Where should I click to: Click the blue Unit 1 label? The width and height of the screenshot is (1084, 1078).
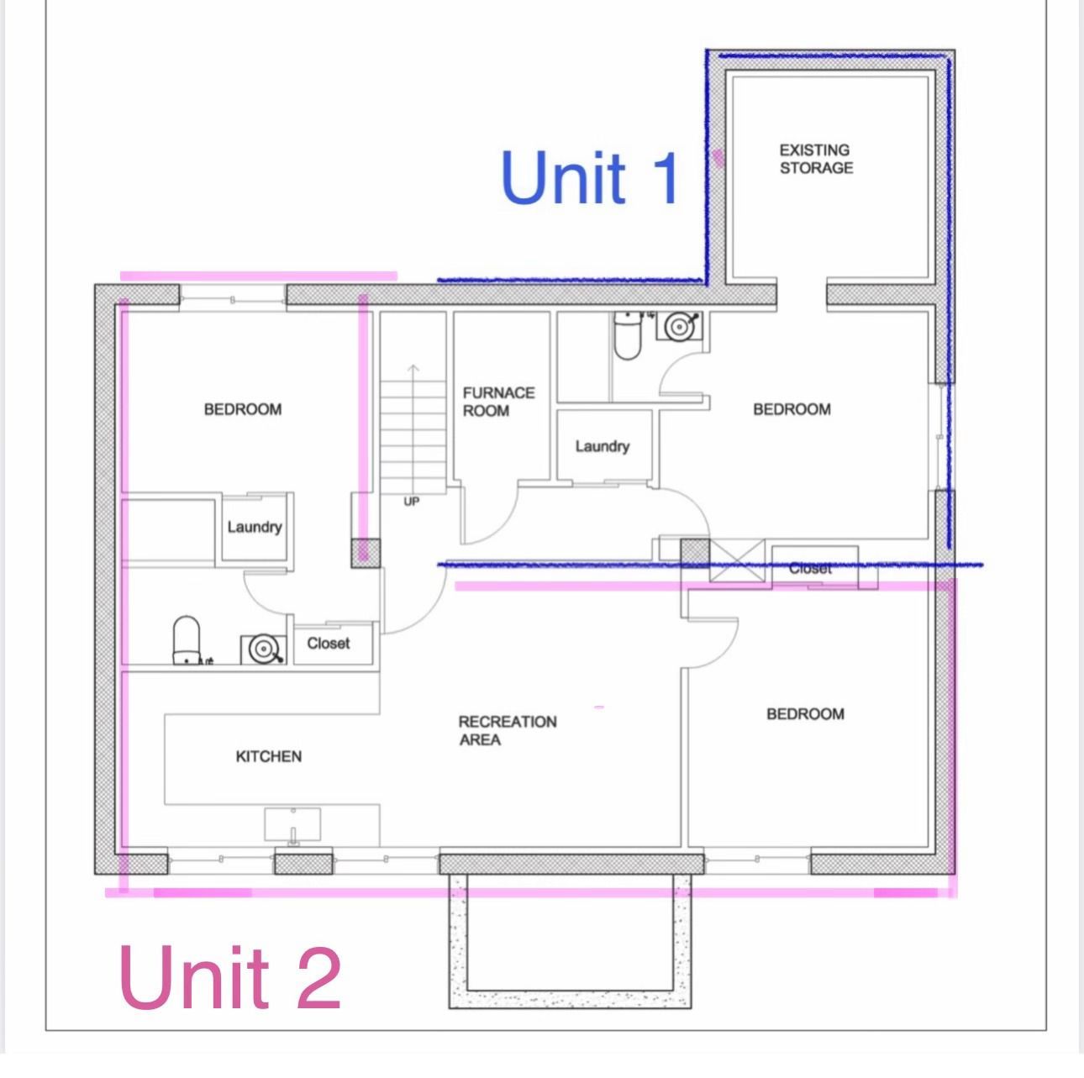pos(590,178)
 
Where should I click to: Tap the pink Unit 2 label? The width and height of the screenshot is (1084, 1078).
pos(230,978)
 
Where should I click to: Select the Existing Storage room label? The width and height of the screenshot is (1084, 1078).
pos(816,160)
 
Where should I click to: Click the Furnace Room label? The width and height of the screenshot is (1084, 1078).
pos(498,402)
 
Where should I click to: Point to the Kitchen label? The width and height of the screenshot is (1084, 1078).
pos(268,757)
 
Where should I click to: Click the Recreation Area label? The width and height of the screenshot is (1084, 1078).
pos(508,731)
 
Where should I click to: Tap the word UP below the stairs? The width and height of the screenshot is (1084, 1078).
pos(411,502)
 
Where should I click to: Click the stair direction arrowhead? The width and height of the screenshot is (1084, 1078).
pos(413,369)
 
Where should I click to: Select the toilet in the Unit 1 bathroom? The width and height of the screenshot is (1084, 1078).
pos(627,335)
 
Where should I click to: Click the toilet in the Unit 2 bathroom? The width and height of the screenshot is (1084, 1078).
pos(187,639)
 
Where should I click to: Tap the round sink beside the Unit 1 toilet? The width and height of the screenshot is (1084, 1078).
pos(680,326)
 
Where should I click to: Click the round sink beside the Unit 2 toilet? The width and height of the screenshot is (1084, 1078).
pos(263,649)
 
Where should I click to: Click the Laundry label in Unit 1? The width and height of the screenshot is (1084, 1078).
pos(602,447)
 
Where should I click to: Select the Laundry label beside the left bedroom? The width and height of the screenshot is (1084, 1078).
pos(255,527)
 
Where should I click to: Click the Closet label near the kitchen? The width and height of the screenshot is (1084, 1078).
pos(329,643)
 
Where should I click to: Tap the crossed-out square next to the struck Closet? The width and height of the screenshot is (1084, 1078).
pos(737,560)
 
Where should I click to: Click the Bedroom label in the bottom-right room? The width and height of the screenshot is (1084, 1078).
pos(805,714)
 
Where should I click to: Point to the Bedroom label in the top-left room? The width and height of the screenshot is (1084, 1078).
pos(243,409)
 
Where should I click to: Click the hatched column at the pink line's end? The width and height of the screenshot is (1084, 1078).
pos(366,553)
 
